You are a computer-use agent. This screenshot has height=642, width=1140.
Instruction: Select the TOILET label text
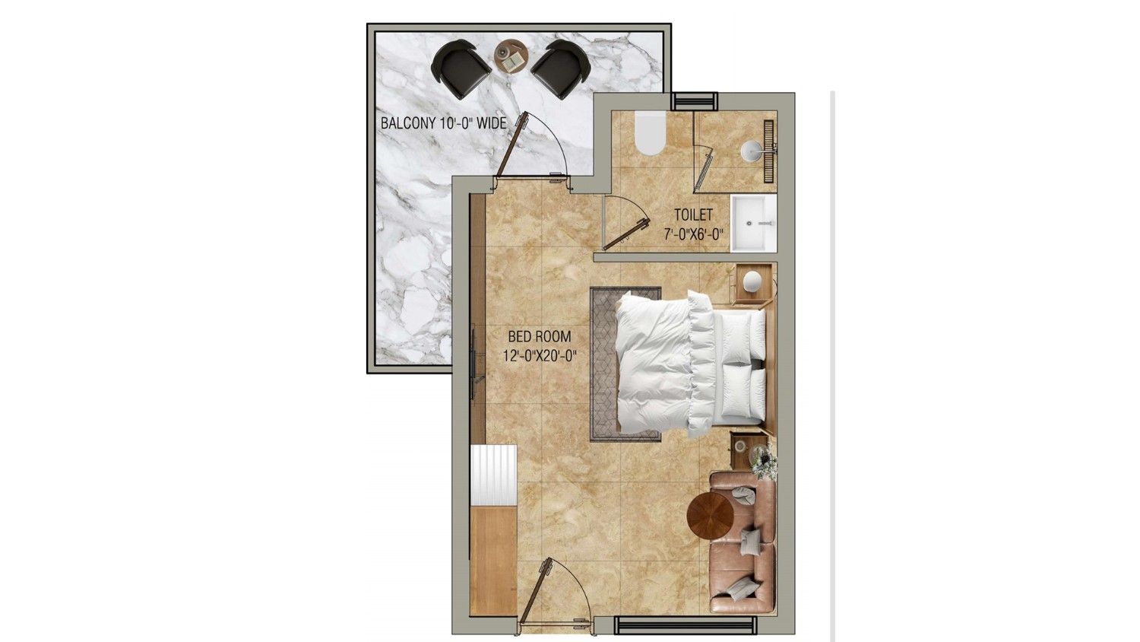[x=693, y=215]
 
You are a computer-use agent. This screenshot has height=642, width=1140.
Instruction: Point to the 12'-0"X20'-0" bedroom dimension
[x=537, y=354]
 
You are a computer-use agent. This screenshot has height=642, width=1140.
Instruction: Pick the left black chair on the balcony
[x=461, y=69]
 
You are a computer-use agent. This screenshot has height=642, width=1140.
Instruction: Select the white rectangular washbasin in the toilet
[x=752, y=224]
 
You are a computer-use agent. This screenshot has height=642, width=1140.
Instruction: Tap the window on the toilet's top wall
[x=695, y=100]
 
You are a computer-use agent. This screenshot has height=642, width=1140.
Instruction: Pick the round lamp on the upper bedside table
[x=753, y=282]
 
